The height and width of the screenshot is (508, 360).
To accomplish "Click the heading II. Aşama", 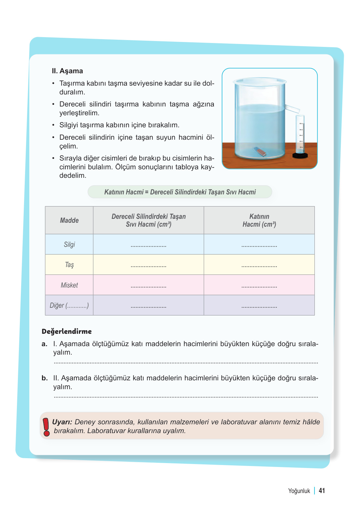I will click(67, 71).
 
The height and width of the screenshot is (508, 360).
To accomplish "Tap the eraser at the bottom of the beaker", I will click(260, 151).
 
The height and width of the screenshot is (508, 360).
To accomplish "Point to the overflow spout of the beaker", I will click(292, 108).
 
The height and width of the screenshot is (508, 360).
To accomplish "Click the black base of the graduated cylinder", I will click(300, 155).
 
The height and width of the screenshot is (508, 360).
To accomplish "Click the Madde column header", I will click(69, 220).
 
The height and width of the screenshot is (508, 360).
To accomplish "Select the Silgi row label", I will click(69, 245).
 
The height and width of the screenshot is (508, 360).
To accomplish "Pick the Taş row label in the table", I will click(69, 265).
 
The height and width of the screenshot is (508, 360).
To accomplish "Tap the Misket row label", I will click(69, 285).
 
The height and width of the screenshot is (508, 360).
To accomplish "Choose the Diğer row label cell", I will click(69, 305).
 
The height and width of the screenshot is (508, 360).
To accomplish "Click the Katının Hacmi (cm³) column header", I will click(259, 220).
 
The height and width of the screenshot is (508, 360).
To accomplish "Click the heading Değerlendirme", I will click(67, 332).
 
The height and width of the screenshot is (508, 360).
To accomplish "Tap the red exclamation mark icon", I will click(46, 427).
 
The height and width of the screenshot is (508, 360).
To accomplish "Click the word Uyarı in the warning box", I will click(62, 422).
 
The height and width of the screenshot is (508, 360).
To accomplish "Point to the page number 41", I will click(322, 491).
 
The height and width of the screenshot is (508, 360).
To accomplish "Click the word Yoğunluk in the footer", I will click(299, 491).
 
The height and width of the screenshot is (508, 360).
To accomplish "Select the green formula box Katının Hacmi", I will click(180, 192).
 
